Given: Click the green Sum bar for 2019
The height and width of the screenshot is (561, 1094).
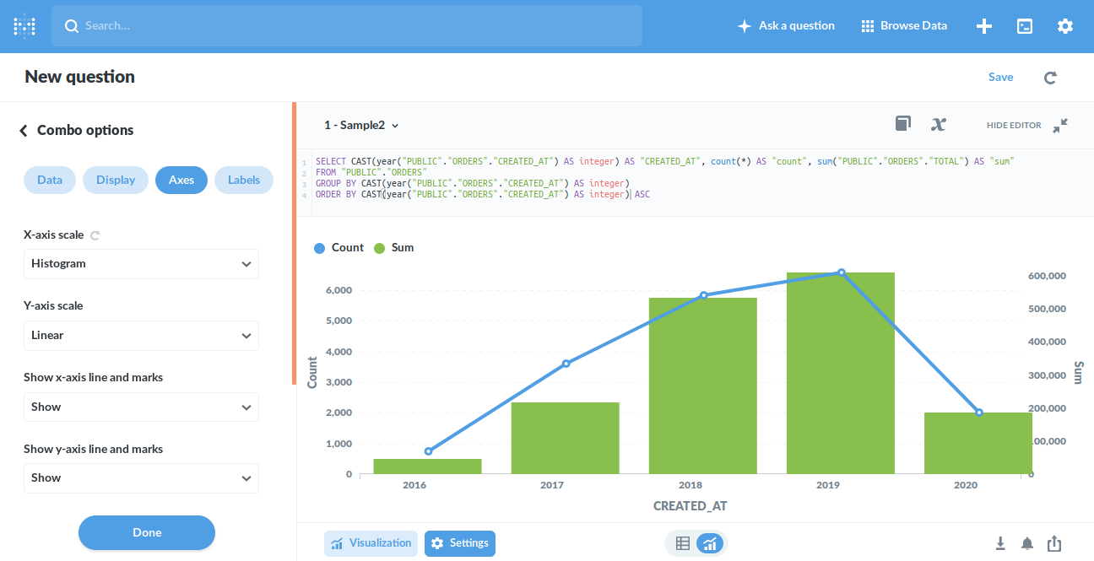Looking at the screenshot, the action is click(841, 373).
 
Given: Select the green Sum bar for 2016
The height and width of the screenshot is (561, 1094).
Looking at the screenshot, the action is click(427, 467).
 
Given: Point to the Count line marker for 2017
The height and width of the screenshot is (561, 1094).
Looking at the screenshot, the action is click(566, 364).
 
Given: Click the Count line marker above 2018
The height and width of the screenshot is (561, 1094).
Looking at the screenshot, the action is click(703, 295).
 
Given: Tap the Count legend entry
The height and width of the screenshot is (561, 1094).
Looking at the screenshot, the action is click(339, 247).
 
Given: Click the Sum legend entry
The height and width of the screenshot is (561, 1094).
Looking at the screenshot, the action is click(393, 247).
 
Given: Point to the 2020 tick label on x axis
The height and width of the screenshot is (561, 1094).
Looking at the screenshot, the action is click(966, 485).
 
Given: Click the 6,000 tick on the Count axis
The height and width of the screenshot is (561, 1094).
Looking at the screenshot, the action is click(338, 290).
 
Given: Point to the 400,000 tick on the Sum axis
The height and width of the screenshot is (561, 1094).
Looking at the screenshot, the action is click(1047, 342).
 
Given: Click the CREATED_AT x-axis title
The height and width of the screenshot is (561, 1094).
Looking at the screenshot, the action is click(690, 506).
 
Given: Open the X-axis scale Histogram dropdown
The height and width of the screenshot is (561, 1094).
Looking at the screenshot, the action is click(141, 264).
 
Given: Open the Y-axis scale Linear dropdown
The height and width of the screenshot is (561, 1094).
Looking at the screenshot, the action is click(141, 336).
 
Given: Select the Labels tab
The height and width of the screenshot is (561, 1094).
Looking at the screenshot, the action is click(244, 180).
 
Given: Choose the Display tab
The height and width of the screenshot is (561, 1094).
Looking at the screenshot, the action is click(116, 180).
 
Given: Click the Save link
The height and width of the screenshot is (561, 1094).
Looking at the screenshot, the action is click(1000, 77).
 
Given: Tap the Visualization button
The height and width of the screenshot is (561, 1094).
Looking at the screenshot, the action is click(371, 543).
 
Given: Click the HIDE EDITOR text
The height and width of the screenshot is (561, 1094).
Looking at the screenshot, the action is click(1014, 126).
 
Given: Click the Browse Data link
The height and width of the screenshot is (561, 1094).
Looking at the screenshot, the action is click(904, 25).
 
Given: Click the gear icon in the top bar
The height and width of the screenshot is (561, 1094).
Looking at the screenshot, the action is click(1064, 26).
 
